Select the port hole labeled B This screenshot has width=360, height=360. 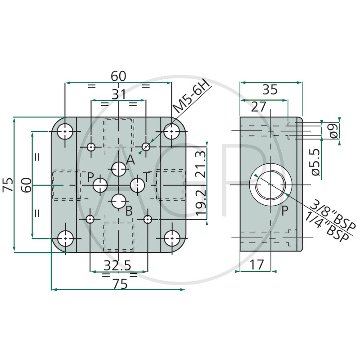click(x=119, y=201)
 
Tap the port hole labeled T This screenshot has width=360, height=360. click(x=137, y=185)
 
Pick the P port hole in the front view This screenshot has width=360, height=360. click(x=100, y=185)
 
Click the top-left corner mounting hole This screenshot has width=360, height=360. click(x=65, y=131)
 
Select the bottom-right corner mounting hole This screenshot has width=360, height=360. click(x=172, y=238)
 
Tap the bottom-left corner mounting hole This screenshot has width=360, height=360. click(x=65, y=238)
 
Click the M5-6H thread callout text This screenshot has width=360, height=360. click(x=192, y=96)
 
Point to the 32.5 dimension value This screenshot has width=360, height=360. click(x=117, y=265)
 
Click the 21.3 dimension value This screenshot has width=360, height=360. click(x=201, y=164)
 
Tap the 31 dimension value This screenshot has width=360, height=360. click(x=119, y=94)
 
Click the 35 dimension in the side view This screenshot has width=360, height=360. click(x=270, y=89)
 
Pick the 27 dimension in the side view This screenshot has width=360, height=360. click(x=258, y=107)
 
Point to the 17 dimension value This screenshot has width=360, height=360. click(x=256, y=265)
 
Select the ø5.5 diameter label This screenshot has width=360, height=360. click(x=316, y=162)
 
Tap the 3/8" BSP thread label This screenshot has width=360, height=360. click(x=332, y=215)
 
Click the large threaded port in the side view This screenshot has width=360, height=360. click(x=271, y=185)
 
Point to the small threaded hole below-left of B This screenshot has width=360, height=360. click(x=90, y=219)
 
